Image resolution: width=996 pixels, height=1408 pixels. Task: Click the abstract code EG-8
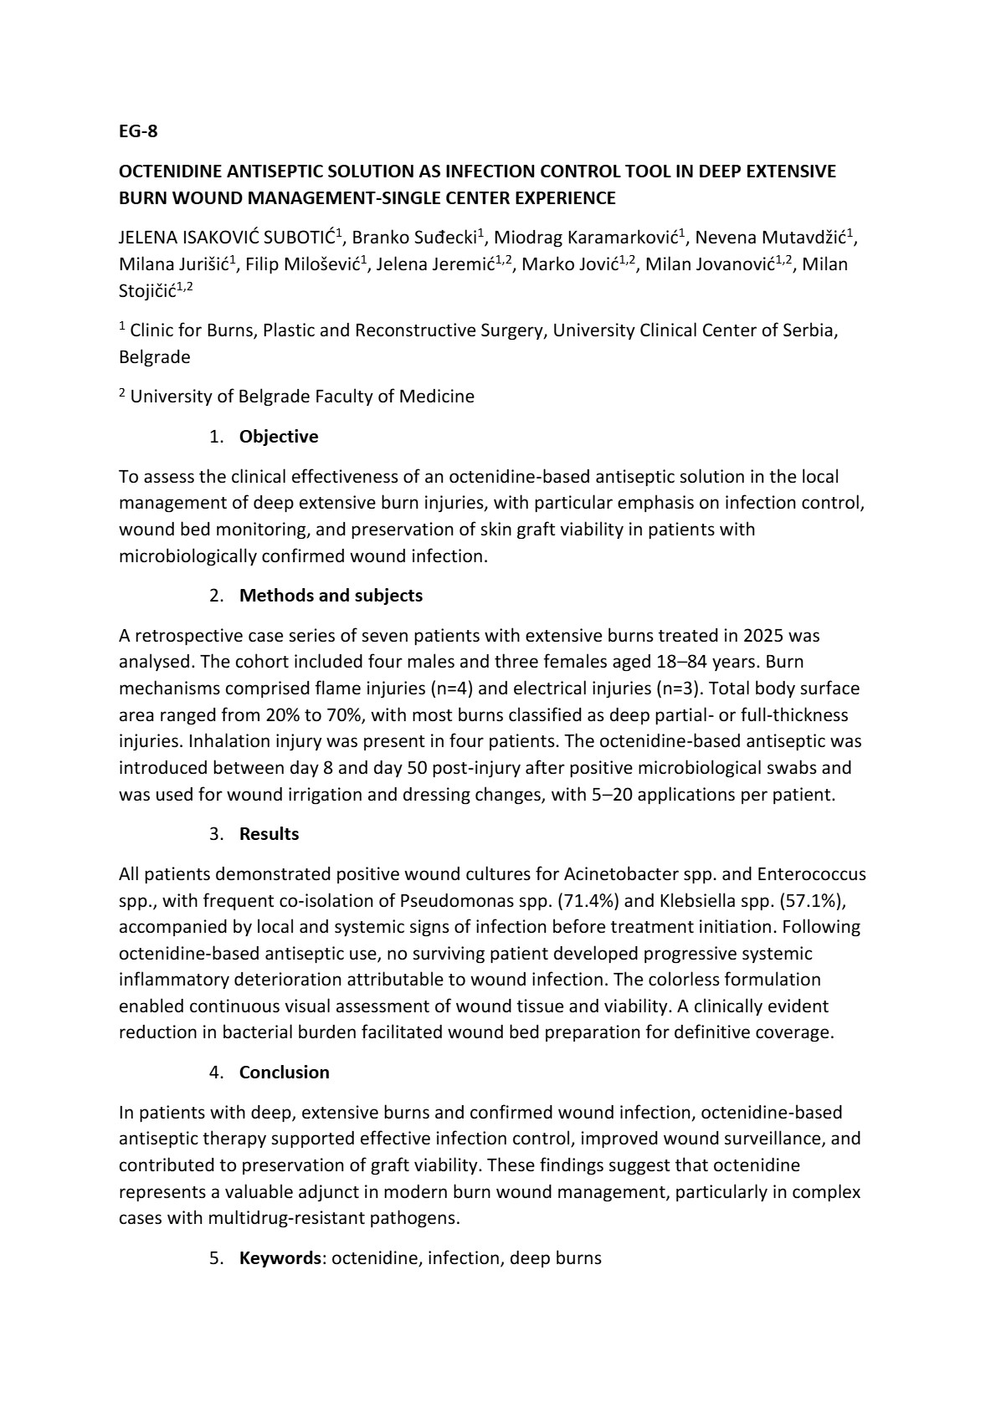point(138,131)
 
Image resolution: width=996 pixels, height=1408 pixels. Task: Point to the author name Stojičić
point(151,291)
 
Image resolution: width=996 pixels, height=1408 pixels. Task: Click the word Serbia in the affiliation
point(809,330)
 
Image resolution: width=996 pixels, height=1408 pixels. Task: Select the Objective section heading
point(279,437)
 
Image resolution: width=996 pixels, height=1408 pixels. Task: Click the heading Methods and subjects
point(331,596)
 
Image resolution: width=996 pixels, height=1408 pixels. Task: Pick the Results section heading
point(269,834)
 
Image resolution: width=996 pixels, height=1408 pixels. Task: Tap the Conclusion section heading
point(284,1073)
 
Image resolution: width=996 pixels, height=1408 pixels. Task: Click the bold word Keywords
point(280,1258)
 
